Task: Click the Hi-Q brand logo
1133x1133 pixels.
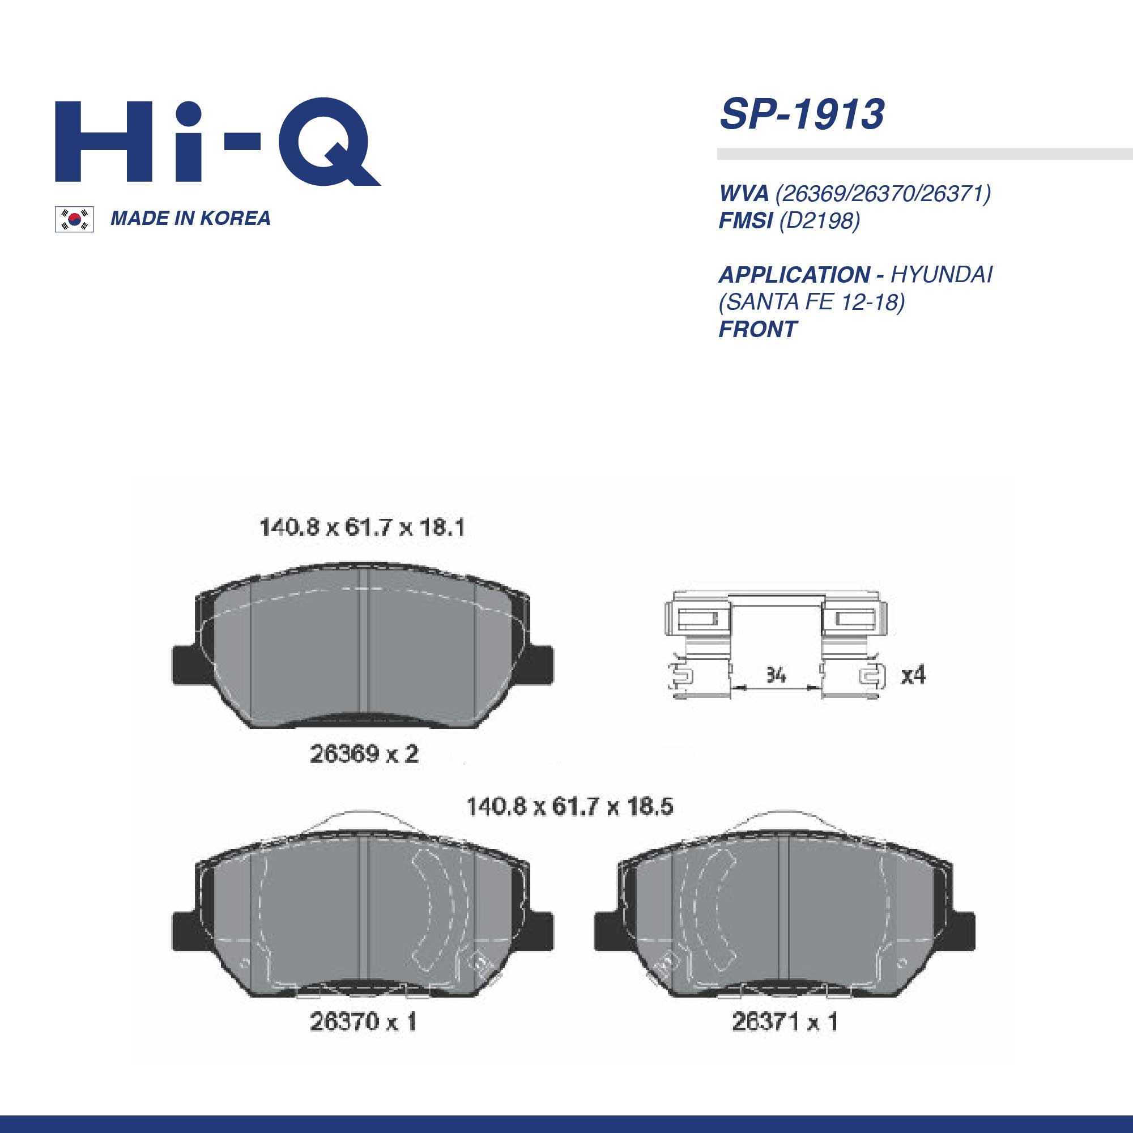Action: (x=217, y=142)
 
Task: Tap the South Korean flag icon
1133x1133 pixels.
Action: (x=74, y=219)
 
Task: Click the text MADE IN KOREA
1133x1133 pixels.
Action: (x=190, y=218)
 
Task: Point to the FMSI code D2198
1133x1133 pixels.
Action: (x=819, y=220)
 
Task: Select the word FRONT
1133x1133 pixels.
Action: (x=757, y=329)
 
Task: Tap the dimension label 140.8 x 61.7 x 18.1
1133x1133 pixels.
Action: (x=362, y=528)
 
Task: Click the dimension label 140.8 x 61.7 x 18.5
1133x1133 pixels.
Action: (x=569, y=807)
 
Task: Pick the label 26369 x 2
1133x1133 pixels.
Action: (x=364, y=754)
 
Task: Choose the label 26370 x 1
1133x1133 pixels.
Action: (x=363, y=1022)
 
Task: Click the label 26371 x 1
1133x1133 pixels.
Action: (x=785, y=1022)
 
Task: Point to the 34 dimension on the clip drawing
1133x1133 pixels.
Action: (x=776, y=676)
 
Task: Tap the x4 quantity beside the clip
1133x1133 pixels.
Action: (x=913, y=676)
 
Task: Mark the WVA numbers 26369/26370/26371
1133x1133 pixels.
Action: (x=883, y=193)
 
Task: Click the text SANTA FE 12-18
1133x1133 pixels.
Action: (x=812, y=302)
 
